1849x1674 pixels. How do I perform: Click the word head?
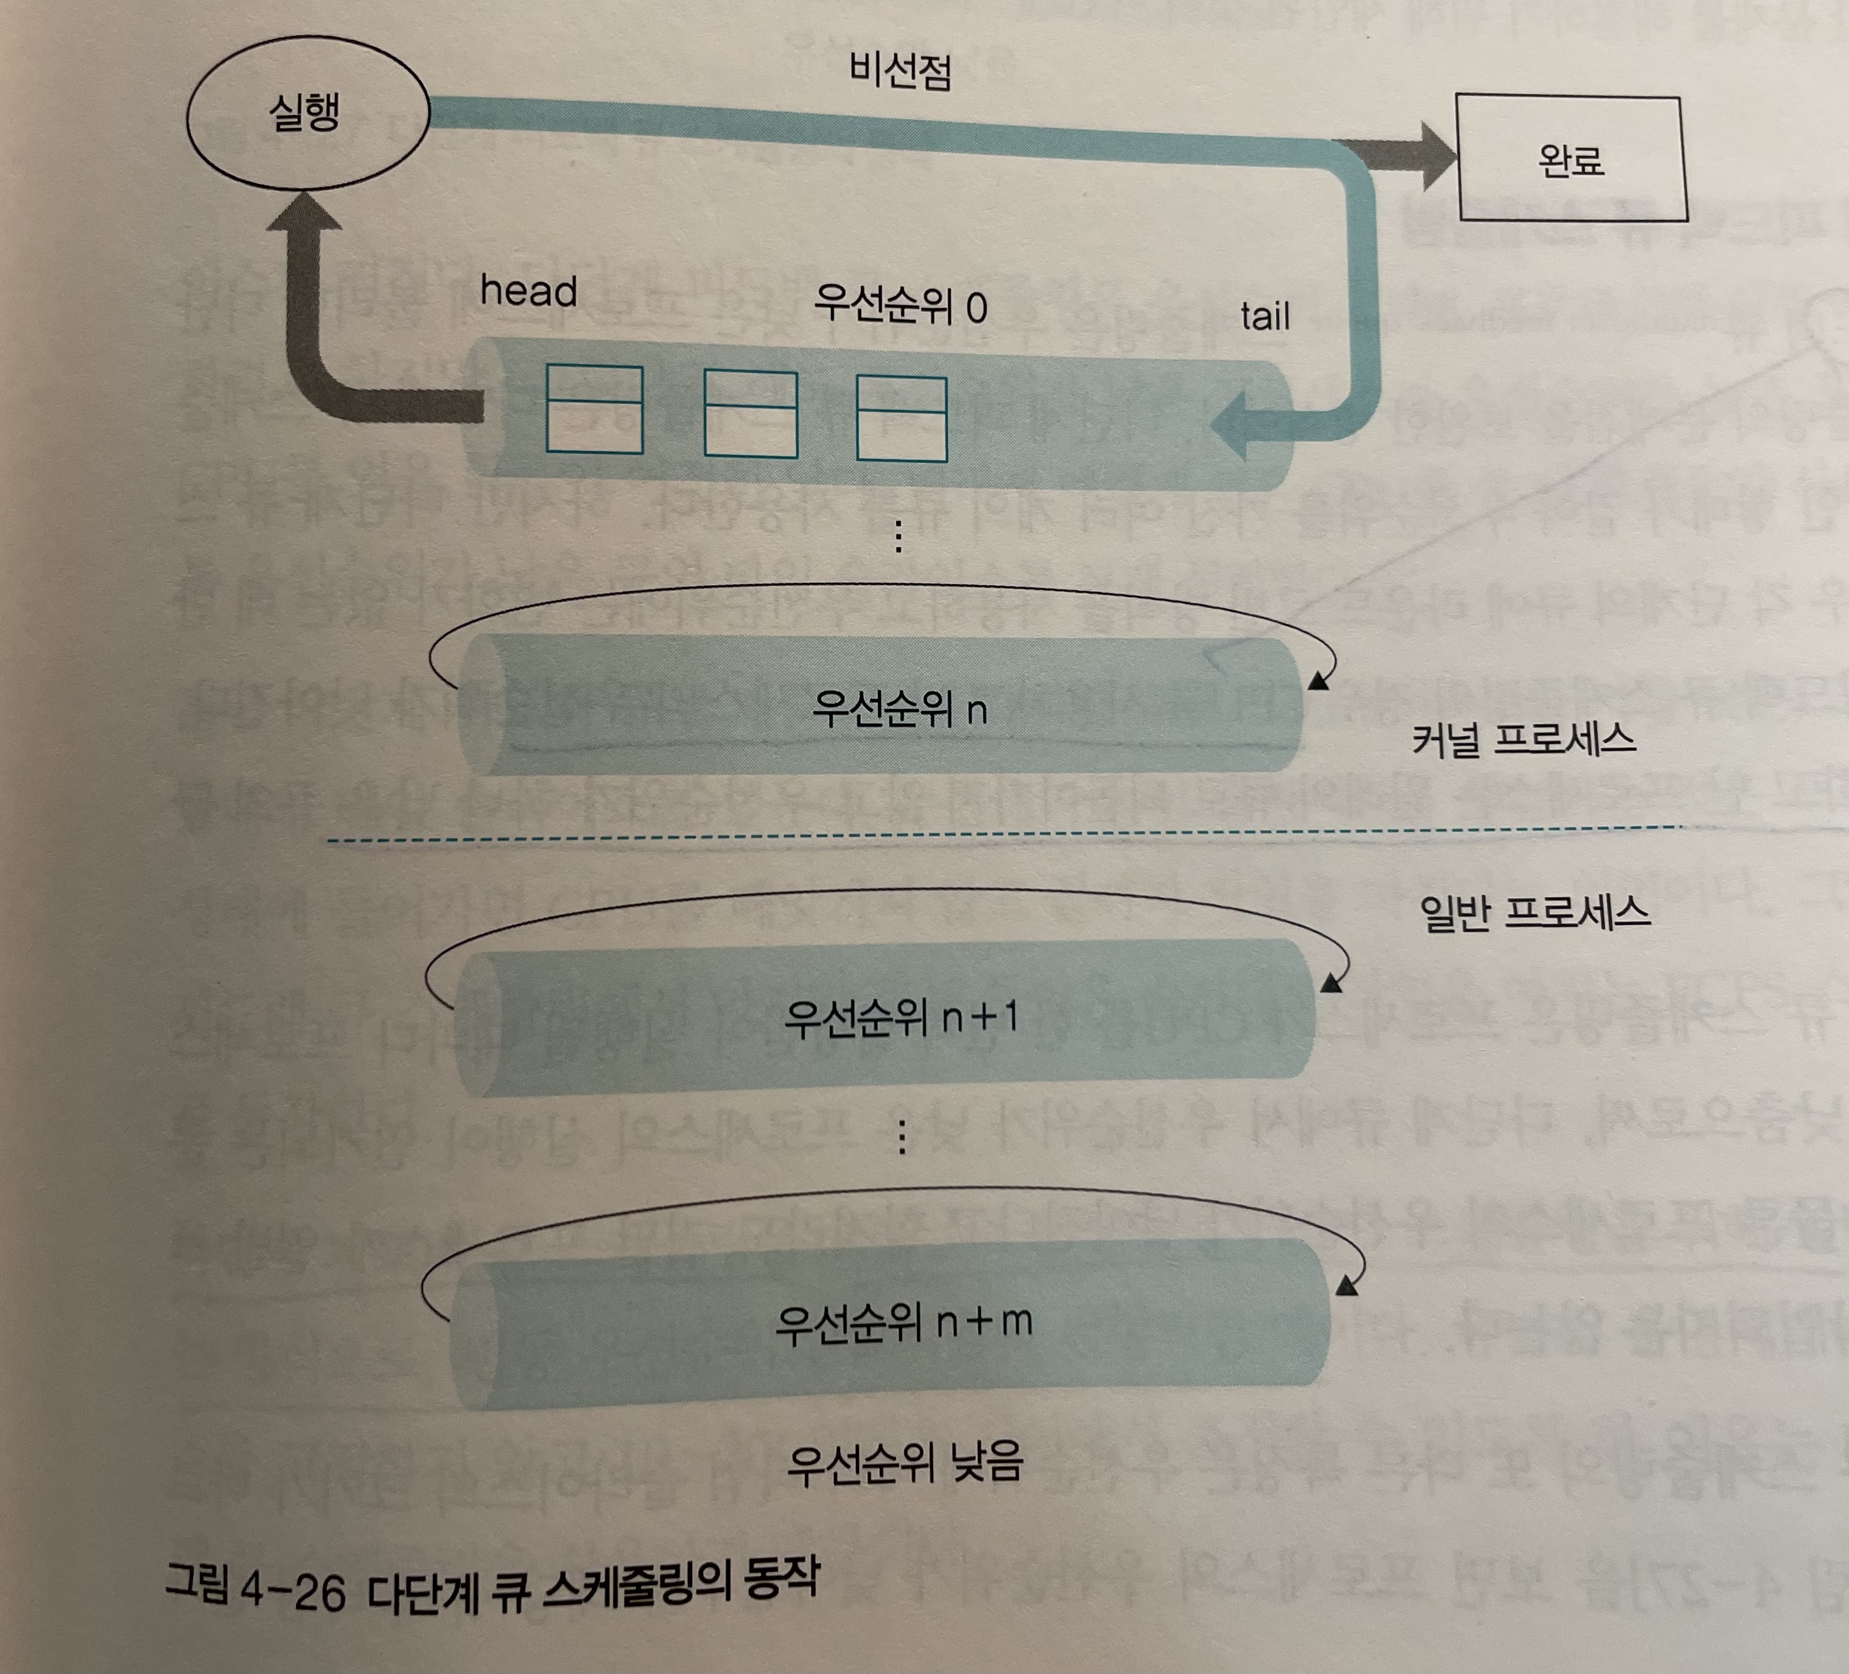528,292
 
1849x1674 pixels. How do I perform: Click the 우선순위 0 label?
900,305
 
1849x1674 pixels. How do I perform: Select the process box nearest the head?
594,409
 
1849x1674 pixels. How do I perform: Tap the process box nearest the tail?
901,418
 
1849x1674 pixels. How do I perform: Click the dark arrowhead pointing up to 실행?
304,213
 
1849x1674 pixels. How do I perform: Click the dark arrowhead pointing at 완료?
1431,156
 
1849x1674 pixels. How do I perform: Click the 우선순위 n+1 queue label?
901,1017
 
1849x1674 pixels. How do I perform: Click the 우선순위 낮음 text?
904,1464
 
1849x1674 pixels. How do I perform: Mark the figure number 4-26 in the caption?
292,1593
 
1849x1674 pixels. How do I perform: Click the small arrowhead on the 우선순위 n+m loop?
1345,1288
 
